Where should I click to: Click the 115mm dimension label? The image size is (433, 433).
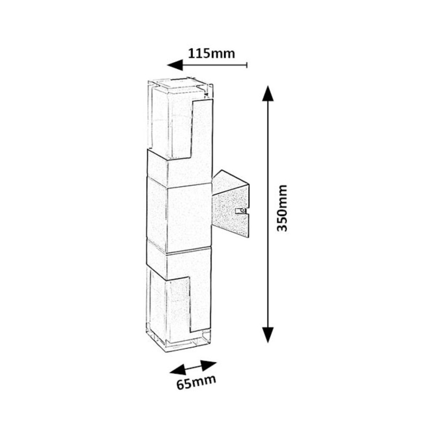[211, 54]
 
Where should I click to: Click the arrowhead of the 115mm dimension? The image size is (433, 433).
[175, 65]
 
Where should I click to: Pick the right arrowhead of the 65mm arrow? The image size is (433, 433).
[210, 364]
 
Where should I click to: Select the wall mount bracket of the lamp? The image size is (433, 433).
[230, 206]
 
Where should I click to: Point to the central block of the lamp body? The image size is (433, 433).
[179, 216]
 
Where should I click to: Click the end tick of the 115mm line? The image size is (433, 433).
[247, 65]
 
